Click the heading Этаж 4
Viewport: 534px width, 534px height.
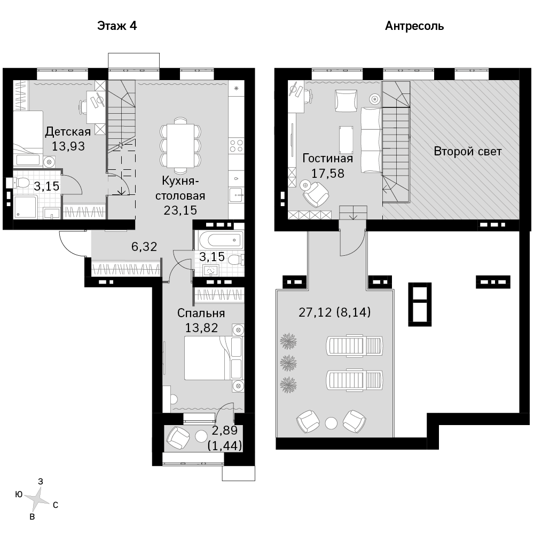117,26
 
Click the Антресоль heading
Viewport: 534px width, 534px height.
414,26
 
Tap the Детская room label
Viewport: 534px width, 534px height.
68,132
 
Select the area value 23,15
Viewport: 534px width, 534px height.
180,210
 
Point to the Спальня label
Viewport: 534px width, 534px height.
201,313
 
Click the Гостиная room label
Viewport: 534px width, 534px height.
328,159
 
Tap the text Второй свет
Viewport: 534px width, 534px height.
468,151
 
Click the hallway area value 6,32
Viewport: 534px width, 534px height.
144,246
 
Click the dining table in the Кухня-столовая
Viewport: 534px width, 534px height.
180,145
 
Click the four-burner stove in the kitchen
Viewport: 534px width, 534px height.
236,146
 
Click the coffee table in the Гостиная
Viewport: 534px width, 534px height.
346,139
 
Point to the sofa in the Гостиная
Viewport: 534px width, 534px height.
371,140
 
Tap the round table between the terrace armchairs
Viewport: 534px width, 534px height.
331,423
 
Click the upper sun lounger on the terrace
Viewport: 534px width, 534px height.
354,345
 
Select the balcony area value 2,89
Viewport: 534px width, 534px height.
224,430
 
